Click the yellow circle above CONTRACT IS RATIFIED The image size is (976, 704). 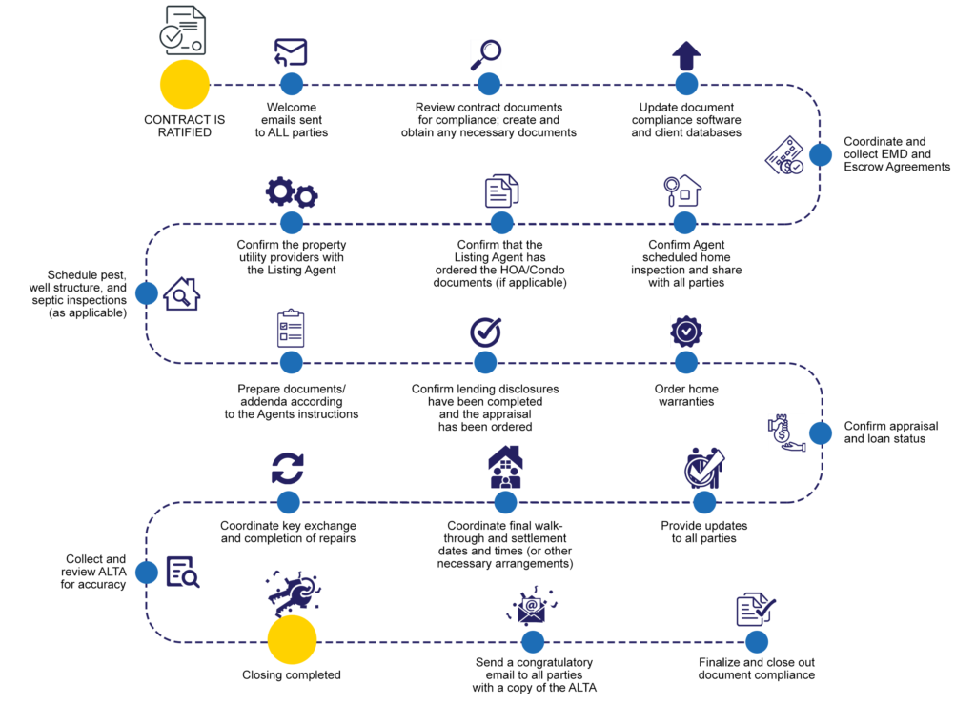pos(185,85)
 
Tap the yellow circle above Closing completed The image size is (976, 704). pos(292,640)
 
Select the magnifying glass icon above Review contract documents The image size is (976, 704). pos(486,54)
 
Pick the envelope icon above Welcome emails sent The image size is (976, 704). pos(291,52)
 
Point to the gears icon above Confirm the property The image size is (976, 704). pos(292,192)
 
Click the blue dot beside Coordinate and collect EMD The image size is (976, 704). pos(821,155)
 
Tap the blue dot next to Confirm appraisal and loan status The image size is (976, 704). pos(821,433)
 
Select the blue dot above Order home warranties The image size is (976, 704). pos(686,363)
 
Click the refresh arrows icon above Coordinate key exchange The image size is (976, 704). pos(288,469)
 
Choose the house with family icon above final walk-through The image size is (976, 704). pos(505,467)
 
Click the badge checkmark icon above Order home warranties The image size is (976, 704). pos(686,332)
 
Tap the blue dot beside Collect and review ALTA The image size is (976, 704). pos(146,573)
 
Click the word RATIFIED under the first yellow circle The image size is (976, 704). pos(184,132)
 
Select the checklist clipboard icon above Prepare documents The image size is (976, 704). pos(291,328)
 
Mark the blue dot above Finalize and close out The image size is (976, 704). pos(756,642)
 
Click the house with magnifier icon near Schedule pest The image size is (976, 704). pos(182,293)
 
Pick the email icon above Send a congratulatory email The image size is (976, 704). pos(532,605)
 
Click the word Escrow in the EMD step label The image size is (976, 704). pos(863,167)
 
